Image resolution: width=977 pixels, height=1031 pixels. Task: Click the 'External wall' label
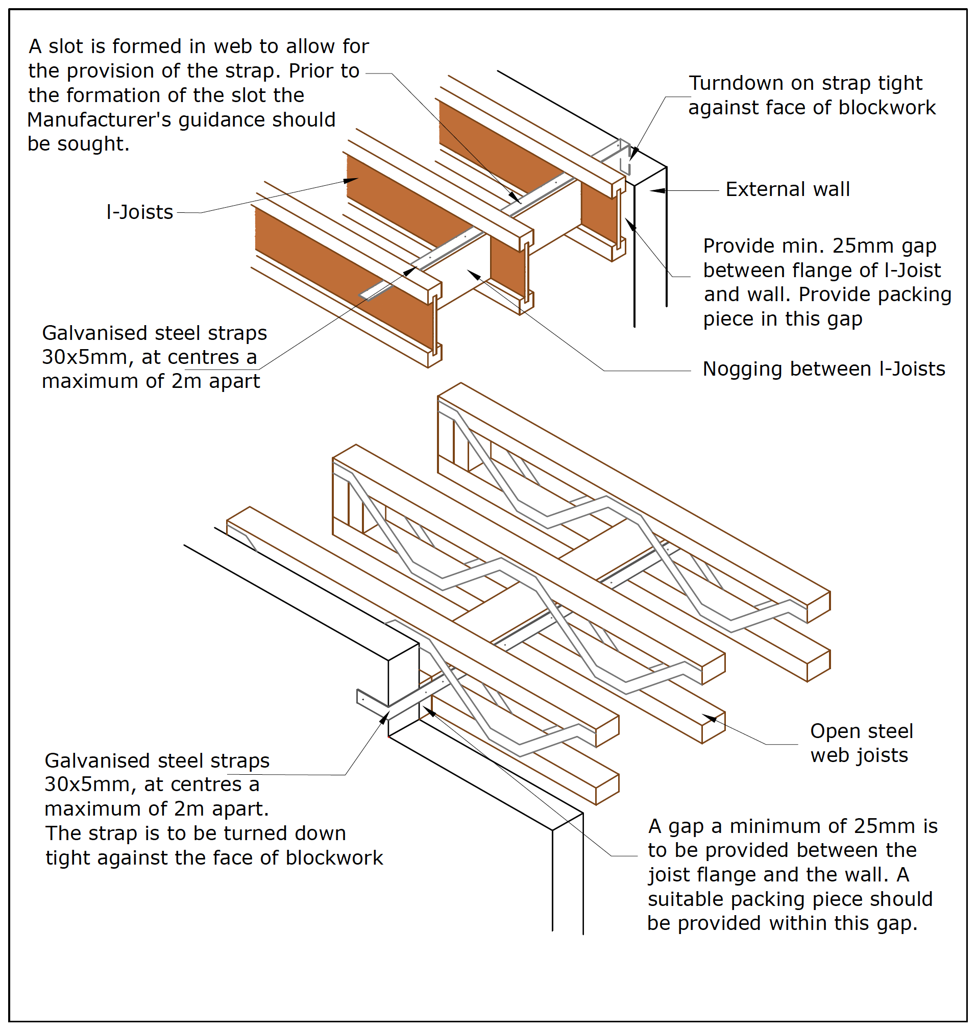[x=787, y=189]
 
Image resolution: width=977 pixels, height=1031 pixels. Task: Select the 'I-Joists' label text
[x=139, y=212]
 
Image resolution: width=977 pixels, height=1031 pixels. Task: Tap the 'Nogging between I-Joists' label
[x=823, y=369]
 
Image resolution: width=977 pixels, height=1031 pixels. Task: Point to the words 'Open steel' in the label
[x=862, y=731]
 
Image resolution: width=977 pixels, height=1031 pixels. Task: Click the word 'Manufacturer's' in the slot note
[x=100, y=120]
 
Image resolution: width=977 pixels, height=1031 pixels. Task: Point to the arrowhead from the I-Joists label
[x=351, y=181]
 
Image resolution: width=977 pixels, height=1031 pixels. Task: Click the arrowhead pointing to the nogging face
[x=473, y=274]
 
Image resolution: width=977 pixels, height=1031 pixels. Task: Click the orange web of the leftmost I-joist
[x=333, y=271]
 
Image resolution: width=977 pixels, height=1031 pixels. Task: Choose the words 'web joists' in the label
[x=859, y=755]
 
